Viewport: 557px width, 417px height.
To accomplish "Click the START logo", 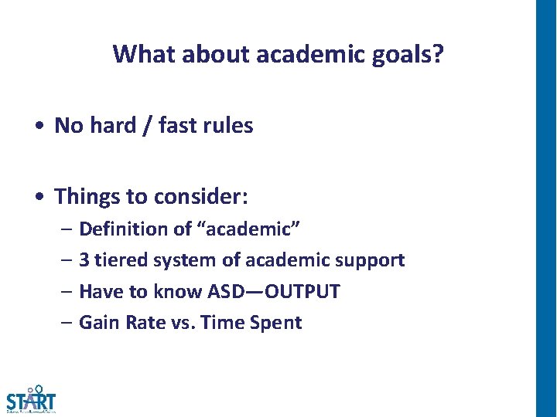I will tap(31, 401).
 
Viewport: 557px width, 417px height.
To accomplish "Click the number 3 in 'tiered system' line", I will tap(84, 260).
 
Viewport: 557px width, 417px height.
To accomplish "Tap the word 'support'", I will tap(373, 260).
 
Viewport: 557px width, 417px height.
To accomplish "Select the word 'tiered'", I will tap(117, 260).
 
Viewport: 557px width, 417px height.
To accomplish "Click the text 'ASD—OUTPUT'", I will tap(274, 292).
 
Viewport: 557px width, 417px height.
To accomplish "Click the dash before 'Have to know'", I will tap(67, 292).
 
